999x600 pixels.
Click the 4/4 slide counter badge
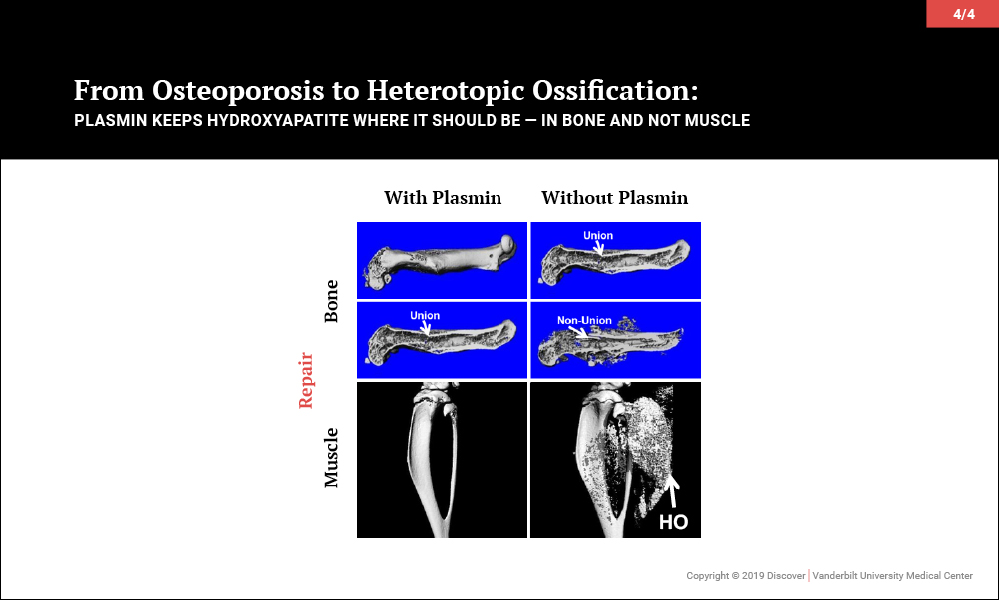pyautogui.click(x=963, y=13)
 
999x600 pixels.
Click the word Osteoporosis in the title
pyautogui.click(x=238, y=91)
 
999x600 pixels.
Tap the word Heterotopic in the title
pyautogui.click(x=445, y=91)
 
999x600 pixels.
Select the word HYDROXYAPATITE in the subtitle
pyautogui.click(x=277, y=121)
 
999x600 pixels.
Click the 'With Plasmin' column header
pyautogui.click(x=443, y=198)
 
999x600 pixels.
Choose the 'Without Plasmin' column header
pyautogui.click(x=614, y=198)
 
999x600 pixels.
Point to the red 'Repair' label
pyautogui.click(x=306, y=380)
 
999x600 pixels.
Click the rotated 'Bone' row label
pyautogui.click(x=331, y=301)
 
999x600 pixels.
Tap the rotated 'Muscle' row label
pyautogui.click(x=331, y=458)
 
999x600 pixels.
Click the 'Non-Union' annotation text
pyautogui.click(x=584, y=320)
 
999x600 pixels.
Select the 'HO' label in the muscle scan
pyautogui.click(x=673, y=522)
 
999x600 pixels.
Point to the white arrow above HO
pyautogui.click(x=672, y=493)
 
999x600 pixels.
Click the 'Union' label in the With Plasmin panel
pyautogui.click(x=425, y=315)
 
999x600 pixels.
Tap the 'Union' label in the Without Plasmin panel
pyautogui.click(x=598, y=235)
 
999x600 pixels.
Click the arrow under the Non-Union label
pyautogui.click(x=578, y=332)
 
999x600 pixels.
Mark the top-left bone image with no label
pyautogui.click(x=442, y=260)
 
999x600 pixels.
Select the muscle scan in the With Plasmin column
pyautogui.click(x=442, y=460)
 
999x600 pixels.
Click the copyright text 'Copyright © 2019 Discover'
pyautogui.click(x=745, y=576)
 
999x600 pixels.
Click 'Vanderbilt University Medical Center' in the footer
pyautogui.click(x=892, y=576)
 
